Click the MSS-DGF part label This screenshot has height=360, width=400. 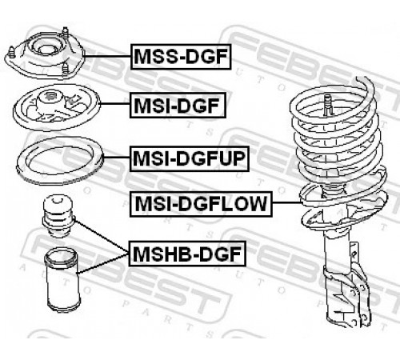[181, 57]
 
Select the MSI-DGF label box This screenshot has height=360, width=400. [178, 106]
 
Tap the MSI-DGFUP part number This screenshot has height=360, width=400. [190, 158]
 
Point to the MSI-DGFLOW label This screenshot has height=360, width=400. [201, 204]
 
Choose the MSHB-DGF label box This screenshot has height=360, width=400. [187, 254]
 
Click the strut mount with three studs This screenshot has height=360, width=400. [45, 54]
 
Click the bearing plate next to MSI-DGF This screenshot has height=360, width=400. [57, 106]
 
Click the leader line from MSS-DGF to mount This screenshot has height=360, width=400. [107, 57]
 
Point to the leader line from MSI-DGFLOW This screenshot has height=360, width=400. [287, 203]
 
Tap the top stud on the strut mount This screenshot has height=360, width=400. [65, 33]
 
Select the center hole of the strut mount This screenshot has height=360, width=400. [44, 50]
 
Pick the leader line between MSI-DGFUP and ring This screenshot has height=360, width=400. [117, 158]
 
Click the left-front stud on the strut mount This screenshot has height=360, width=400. [11, 52]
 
